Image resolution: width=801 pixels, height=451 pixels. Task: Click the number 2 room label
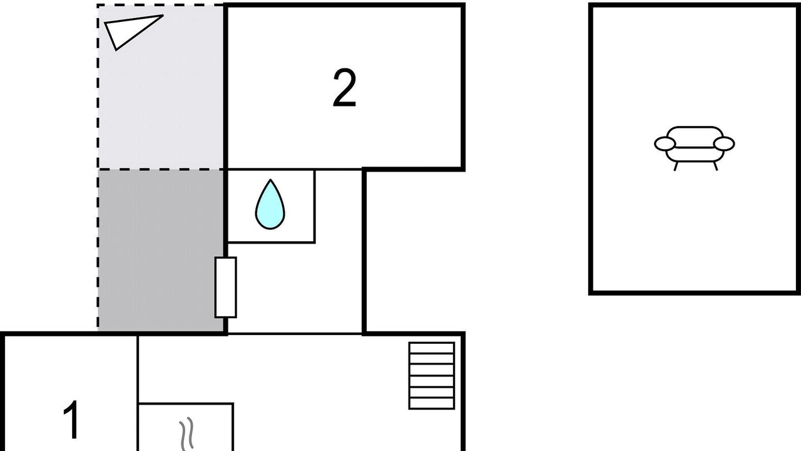(344, 89)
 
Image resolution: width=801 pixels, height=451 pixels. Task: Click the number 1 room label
(72, 420)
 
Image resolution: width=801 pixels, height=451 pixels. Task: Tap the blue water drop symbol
(270, 205)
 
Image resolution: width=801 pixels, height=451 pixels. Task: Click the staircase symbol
(431, 375)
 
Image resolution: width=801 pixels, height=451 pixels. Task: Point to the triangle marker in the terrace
(128, 31)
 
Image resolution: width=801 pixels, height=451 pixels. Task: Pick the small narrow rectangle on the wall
(226, 287)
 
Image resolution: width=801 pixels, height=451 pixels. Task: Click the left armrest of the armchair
(665, 144)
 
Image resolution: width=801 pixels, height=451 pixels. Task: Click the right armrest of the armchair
(724, 144)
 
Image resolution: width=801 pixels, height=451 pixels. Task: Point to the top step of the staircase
(431, 348)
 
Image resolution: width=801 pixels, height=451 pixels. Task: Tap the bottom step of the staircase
(431, 403)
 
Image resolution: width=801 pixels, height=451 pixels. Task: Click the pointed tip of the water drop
(270, 182)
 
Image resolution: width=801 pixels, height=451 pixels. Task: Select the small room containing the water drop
(270, 205)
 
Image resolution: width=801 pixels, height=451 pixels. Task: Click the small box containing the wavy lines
(186, 427)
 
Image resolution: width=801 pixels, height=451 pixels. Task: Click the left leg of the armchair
(676, 167)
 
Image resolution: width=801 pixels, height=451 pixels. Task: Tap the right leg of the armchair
(715, 167)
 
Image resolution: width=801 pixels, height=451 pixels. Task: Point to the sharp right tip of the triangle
(162, 16)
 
